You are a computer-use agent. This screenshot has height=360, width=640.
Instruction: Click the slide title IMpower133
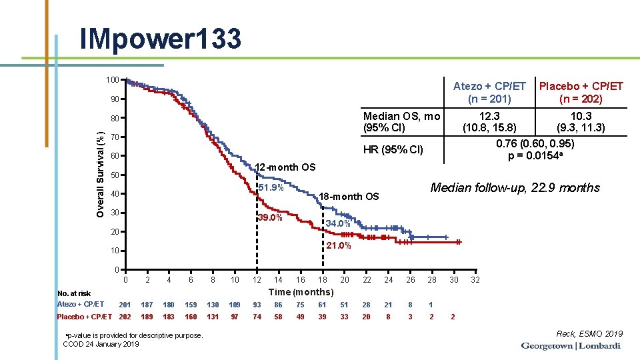pyautogui.click(x=160, y=39)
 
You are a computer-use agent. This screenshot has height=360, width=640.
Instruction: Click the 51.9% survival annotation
pyautogui.click(x=271, y=187)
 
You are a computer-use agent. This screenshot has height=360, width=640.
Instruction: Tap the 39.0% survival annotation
pyautogui.click(x=270, y=218)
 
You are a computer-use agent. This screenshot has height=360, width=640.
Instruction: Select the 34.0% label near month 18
pyautogui.click(x=338, y=224)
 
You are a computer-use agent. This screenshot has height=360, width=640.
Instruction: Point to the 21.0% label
pyautogui.click(x=338, y=246)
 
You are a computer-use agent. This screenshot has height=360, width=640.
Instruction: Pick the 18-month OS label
pyautogui.click(x=349, y=196)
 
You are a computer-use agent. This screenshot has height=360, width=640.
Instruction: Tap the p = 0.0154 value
pyautogui.click(x=536, y=155)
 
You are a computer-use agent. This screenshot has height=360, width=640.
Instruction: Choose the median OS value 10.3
pyautogui.click(x=581, y=116)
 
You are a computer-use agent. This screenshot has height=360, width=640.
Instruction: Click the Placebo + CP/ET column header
pyautogui.click(x=581, y=92)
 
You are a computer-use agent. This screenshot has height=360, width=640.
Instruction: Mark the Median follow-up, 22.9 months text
pyautogui.click(x=515, y=188)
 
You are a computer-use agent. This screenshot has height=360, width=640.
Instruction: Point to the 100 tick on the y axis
pyautogui.click(x=113, y=80)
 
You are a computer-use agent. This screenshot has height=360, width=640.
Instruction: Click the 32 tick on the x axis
pyautogui.click(x=475, y=279)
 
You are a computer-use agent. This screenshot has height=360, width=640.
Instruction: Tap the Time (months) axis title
pyautogui.click(x=301, y=292)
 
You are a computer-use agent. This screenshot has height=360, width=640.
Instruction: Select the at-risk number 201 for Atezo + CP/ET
pyautogui.click(x=125, y=304)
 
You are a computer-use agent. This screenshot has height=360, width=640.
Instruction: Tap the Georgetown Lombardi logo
pyautogui.click(x=571, y=346)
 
